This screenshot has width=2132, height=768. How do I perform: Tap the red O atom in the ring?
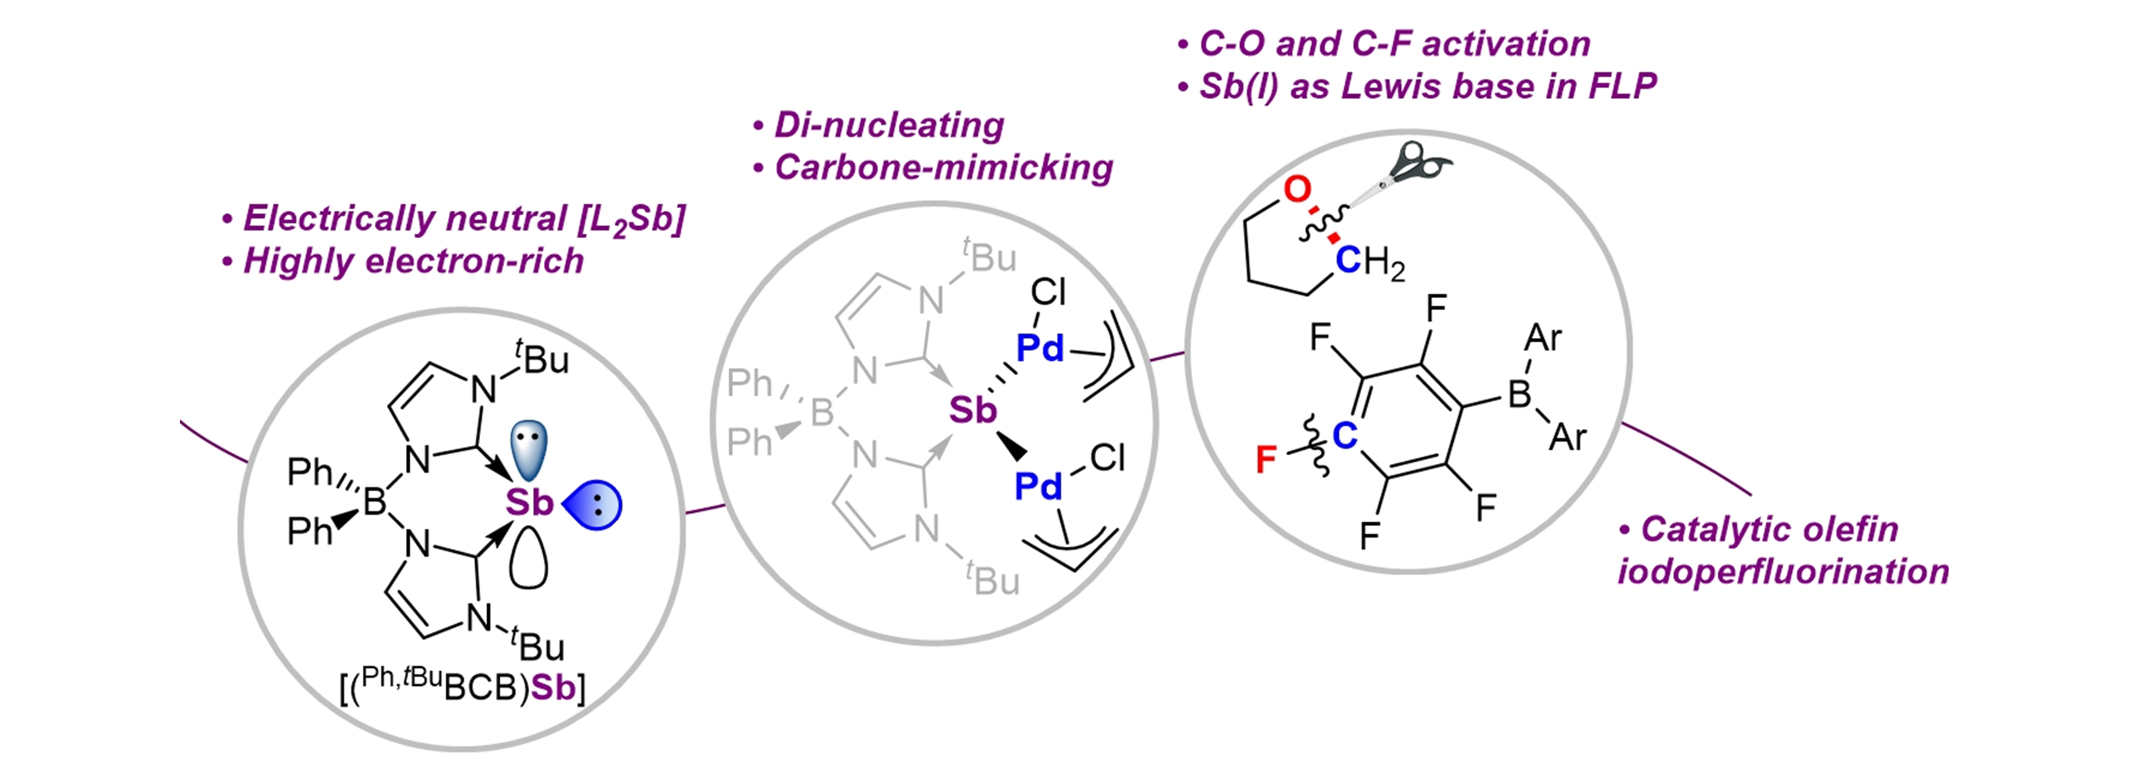click(x=1297, y=189)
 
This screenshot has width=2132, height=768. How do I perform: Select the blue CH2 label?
click(x=1369, y=261)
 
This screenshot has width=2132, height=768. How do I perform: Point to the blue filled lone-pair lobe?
click(x=594, y=504)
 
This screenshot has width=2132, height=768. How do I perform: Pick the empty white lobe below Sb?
click(x=528, y=558)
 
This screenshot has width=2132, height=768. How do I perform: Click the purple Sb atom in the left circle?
click(x=529, y=503)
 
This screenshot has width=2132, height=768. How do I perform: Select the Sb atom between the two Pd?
click(x=972, y=411)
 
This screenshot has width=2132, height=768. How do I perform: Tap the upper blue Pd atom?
click(x=1040, y=348)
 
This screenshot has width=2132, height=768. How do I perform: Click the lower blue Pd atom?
click(x=1039, y=487)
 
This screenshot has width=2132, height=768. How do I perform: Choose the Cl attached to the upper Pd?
click(x=1048, y=293)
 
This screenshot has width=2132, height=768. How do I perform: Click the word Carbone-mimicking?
click(x=943, y=168)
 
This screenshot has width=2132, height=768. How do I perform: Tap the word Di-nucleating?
click(x=889, y=125)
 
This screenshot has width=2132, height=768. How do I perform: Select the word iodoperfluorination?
click(x=1782, y=572)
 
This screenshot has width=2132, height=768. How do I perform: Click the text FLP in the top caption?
click(x=1622, y=86)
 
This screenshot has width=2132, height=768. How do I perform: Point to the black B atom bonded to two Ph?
click(x=375, y=503)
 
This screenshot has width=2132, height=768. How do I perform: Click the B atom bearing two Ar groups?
click(x=1519, y=394)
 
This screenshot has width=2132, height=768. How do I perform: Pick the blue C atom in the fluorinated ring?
click(x=1345, y=436)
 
